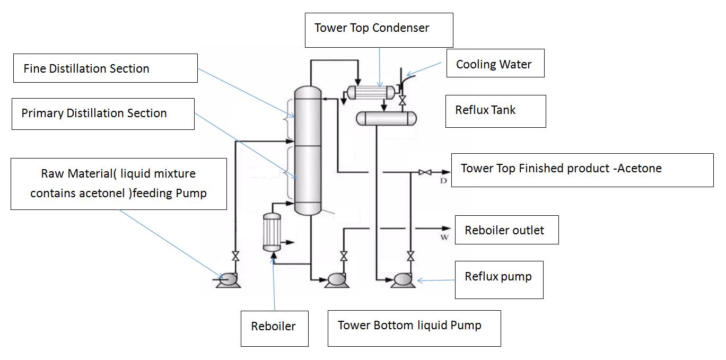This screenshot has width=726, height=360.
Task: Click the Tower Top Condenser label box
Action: coord(379,30)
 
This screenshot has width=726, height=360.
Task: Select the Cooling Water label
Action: coord(495,63)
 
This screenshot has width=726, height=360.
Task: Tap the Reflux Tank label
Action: coord(495,111)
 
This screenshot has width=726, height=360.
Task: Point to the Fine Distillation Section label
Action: coord(106,68)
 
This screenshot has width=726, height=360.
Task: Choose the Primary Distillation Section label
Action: coord(103,114)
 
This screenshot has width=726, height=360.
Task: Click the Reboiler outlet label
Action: coord(506,230)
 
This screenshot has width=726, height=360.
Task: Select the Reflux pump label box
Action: coord(499,280)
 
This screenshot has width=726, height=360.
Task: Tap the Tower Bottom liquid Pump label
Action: coord(414,329)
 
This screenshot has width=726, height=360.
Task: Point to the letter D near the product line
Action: coord(443,181)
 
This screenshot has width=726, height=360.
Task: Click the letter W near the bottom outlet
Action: coord(444,237)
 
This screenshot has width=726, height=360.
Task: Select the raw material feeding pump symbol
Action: coord(228,280)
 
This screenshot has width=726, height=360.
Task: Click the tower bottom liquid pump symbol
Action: coord(337,280)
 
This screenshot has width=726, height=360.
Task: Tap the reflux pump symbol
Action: coord(403,280)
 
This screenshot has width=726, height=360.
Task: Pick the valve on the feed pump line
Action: coord(235,256)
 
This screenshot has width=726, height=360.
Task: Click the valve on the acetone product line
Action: coord(425,172)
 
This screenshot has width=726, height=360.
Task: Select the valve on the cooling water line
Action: coord(403,100)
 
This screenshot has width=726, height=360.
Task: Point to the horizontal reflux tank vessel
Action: coord(387,119)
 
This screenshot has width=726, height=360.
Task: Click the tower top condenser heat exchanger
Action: coord(371,93)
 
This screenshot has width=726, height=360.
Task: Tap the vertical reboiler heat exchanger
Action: coord(272,232)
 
